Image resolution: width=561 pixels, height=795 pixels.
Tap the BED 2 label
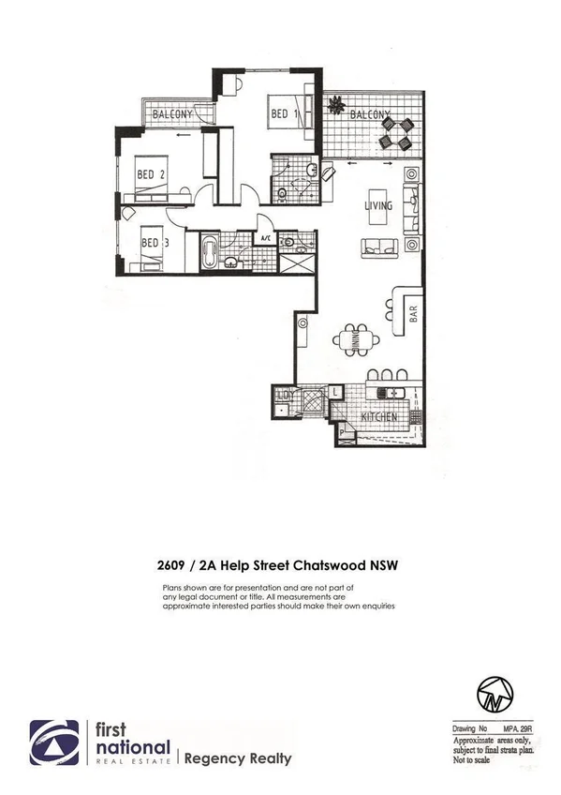151,174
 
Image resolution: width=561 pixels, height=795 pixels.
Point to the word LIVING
378,205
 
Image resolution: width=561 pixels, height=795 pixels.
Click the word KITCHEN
379,416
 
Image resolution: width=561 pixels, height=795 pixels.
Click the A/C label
265,238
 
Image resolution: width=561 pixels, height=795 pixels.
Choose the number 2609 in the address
174,565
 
